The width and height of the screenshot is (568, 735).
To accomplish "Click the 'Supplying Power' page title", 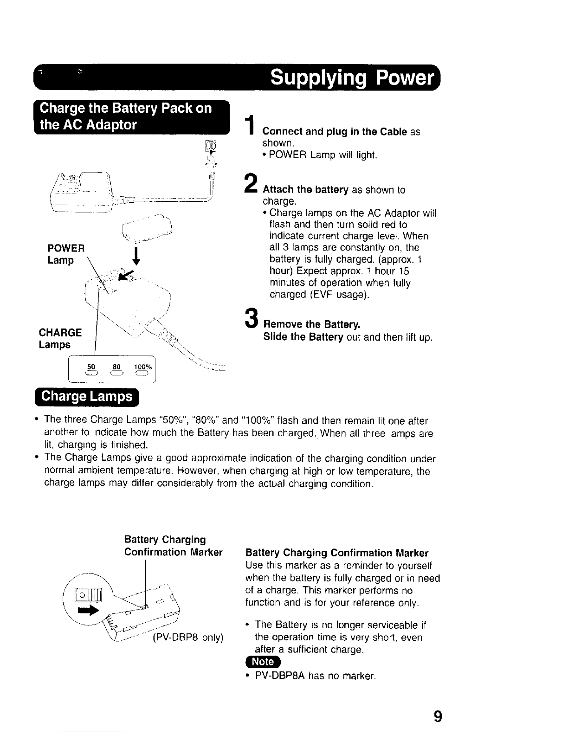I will pos(353,77).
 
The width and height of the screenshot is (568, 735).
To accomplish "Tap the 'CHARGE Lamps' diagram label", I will pos(60,338).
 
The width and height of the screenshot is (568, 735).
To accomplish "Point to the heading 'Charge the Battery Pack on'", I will pos(126,108).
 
